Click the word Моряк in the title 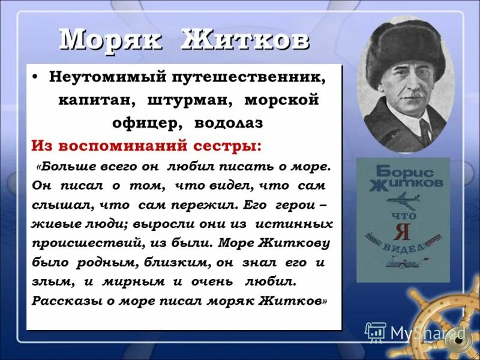(x=110, y=40)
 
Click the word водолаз (x=229, y=123)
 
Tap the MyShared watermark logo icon (x=376, y=332)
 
